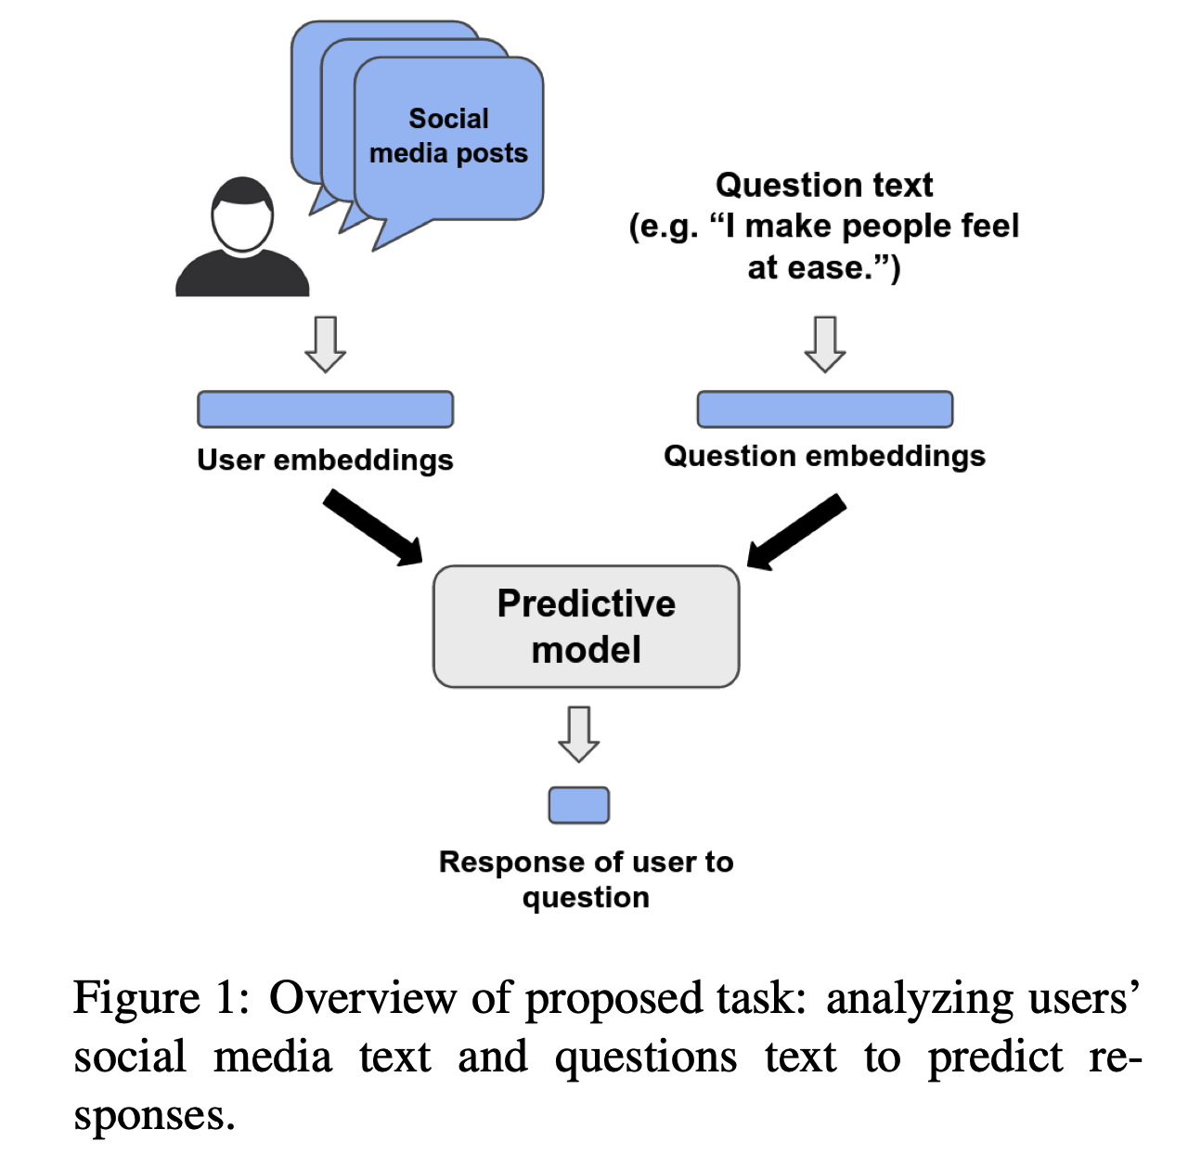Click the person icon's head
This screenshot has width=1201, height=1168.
pyautogui.click(x=242, y=216)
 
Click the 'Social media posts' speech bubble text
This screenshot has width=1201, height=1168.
pyautogui.click(x=448, y=136)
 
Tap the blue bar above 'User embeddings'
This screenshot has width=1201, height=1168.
pyautogui.click(x=325, y=409)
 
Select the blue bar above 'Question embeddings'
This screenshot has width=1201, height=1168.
pyautogui.click(x=824, y=409)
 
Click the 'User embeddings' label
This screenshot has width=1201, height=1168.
pyautogui.click(x=325, y=461)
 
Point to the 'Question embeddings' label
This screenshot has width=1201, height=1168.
pyautogui.click(x=824, y=456)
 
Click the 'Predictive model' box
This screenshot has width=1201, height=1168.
pyautogui.click(x=586, y=627)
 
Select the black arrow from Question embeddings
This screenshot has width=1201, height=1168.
pyautogui.click(x=796, y=531)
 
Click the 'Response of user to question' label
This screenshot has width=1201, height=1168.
pyautogui.click(x=586, y=879)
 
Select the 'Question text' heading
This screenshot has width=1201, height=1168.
pyautogui.click(x=824, y=186)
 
